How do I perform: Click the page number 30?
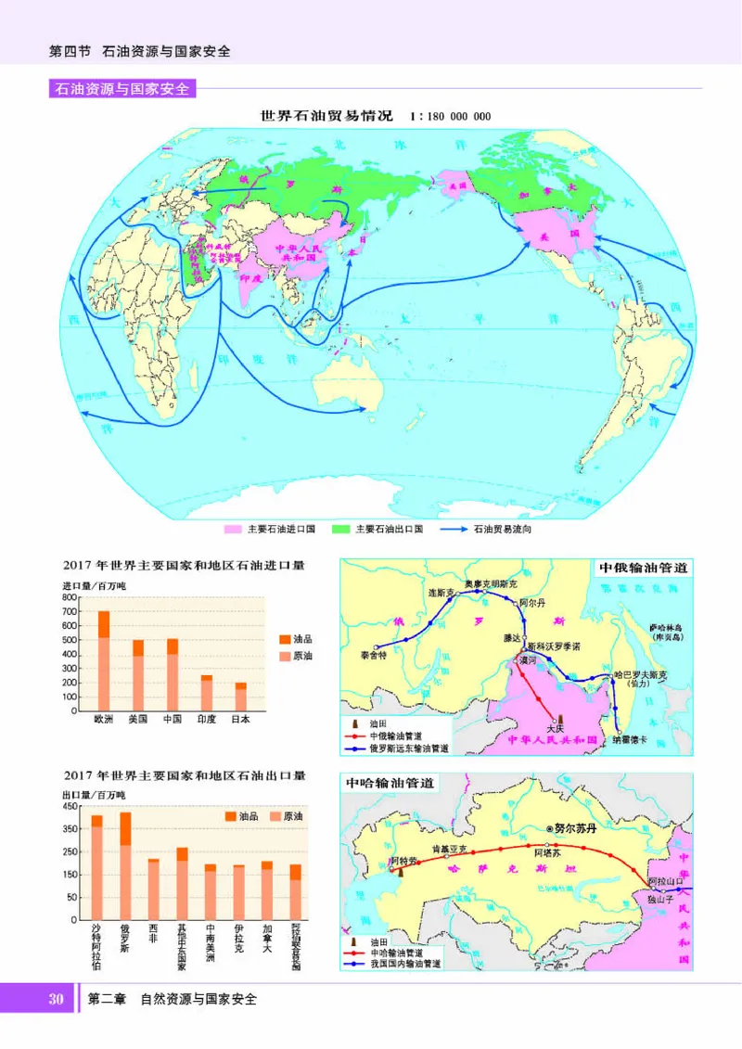[x=56, y=999]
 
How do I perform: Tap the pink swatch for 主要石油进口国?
[x=232, y=529]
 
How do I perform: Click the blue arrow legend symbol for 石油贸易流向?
[x=453, y=529]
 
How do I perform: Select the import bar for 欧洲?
[x=104, y=660]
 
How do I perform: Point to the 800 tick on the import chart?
[x=70, y=598]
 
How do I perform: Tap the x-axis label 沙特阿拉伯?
[x=96, y=946]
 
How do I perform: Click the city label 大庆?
[x=555, y=728]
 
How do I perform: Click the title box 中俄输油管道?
[x=643, y=568]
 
